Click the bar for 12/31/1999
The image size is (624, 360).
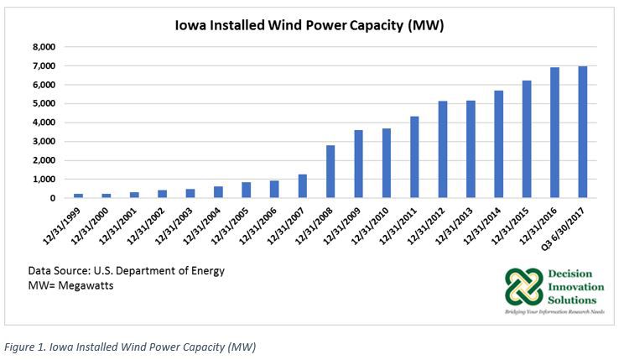pos(78,196)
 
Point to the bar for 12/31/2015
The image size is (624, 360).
pos(528,139)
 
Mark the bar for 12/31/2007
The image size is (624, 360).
pos(303,186)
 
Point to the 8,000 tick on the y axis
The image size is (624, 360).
pos(44,47)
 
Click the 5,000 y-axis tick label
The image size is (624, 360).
pos(44,104)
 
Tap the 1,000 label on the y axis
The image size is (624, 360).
pos(44,180)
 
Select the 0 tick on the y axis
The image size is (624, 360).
pos(52,199)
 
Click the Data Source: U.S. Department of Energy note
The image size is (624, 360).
pos(127,271)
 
